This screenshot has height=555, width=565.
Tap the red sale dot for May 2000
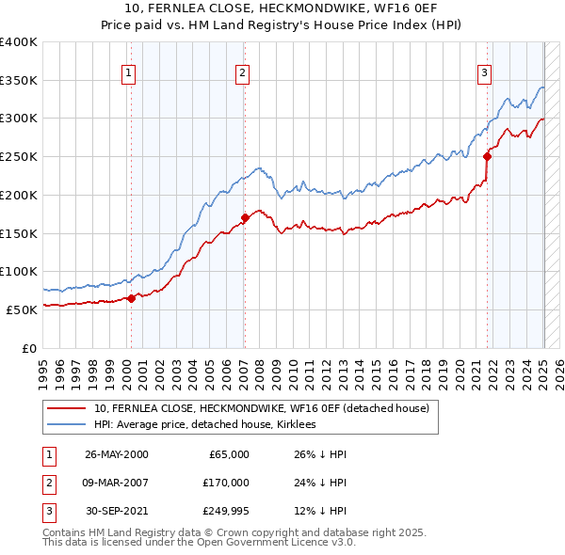click(132, 298)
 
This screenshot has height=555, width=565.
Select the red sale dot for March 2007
click(244, 218)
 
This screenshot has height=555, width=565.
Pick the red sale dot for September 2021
click(488, 157)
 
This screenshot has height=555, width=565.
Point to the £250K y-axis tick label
click(19, 156)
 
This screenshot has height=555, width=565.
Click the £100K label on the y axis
click(19, 271)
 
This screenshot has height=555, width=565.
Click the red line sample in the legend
click(67, 408)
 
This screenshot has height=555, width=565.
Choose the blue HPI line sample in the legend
click(67, 424)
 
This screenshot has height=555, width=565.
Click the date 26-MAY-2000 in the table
click(116, 454)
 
